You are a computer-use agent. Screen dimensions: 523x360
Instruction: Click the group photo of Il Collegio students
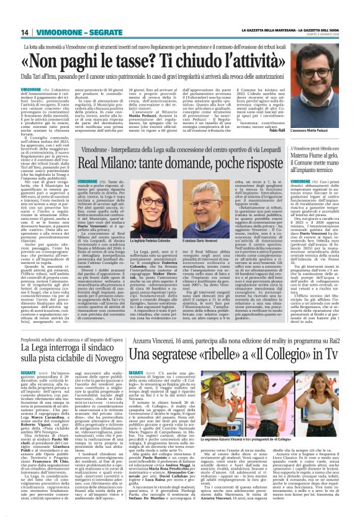click(x=290, y=422)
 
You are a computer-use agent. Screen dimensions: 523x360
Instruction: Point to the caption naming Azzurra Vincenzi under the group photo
click(x=290, y=457)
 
